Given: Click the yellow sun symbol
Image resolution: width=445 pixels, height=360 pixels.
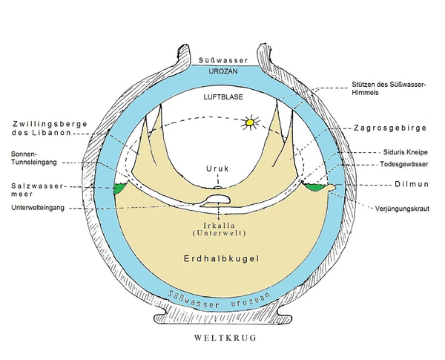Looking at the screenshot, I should (251, 121).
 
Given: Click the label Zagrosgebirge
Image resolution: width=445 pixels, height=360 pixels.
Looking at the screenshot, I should (390, 128).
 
